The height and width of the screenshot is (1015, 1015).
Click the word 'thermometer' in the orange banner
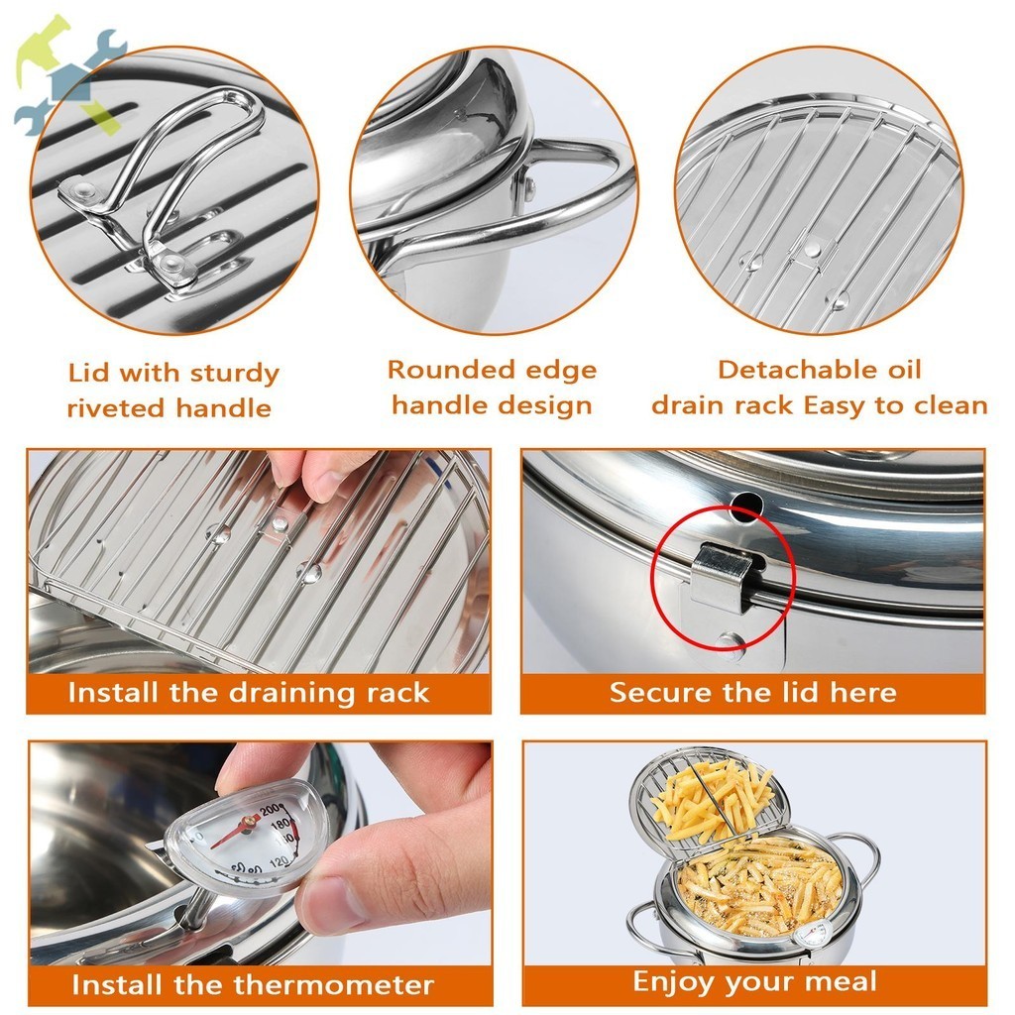333,984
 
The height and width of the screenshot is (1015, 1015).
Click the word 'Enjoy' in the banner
674,982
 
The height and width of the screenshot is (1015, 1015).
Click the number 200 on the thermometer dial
271,810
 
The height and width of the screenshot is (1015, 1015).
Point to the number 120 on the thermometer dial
279,861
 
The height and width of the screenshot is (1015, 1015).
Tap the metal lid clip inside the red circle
722,578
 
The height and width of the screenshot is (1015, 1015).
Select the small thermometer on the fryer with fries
813,934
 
